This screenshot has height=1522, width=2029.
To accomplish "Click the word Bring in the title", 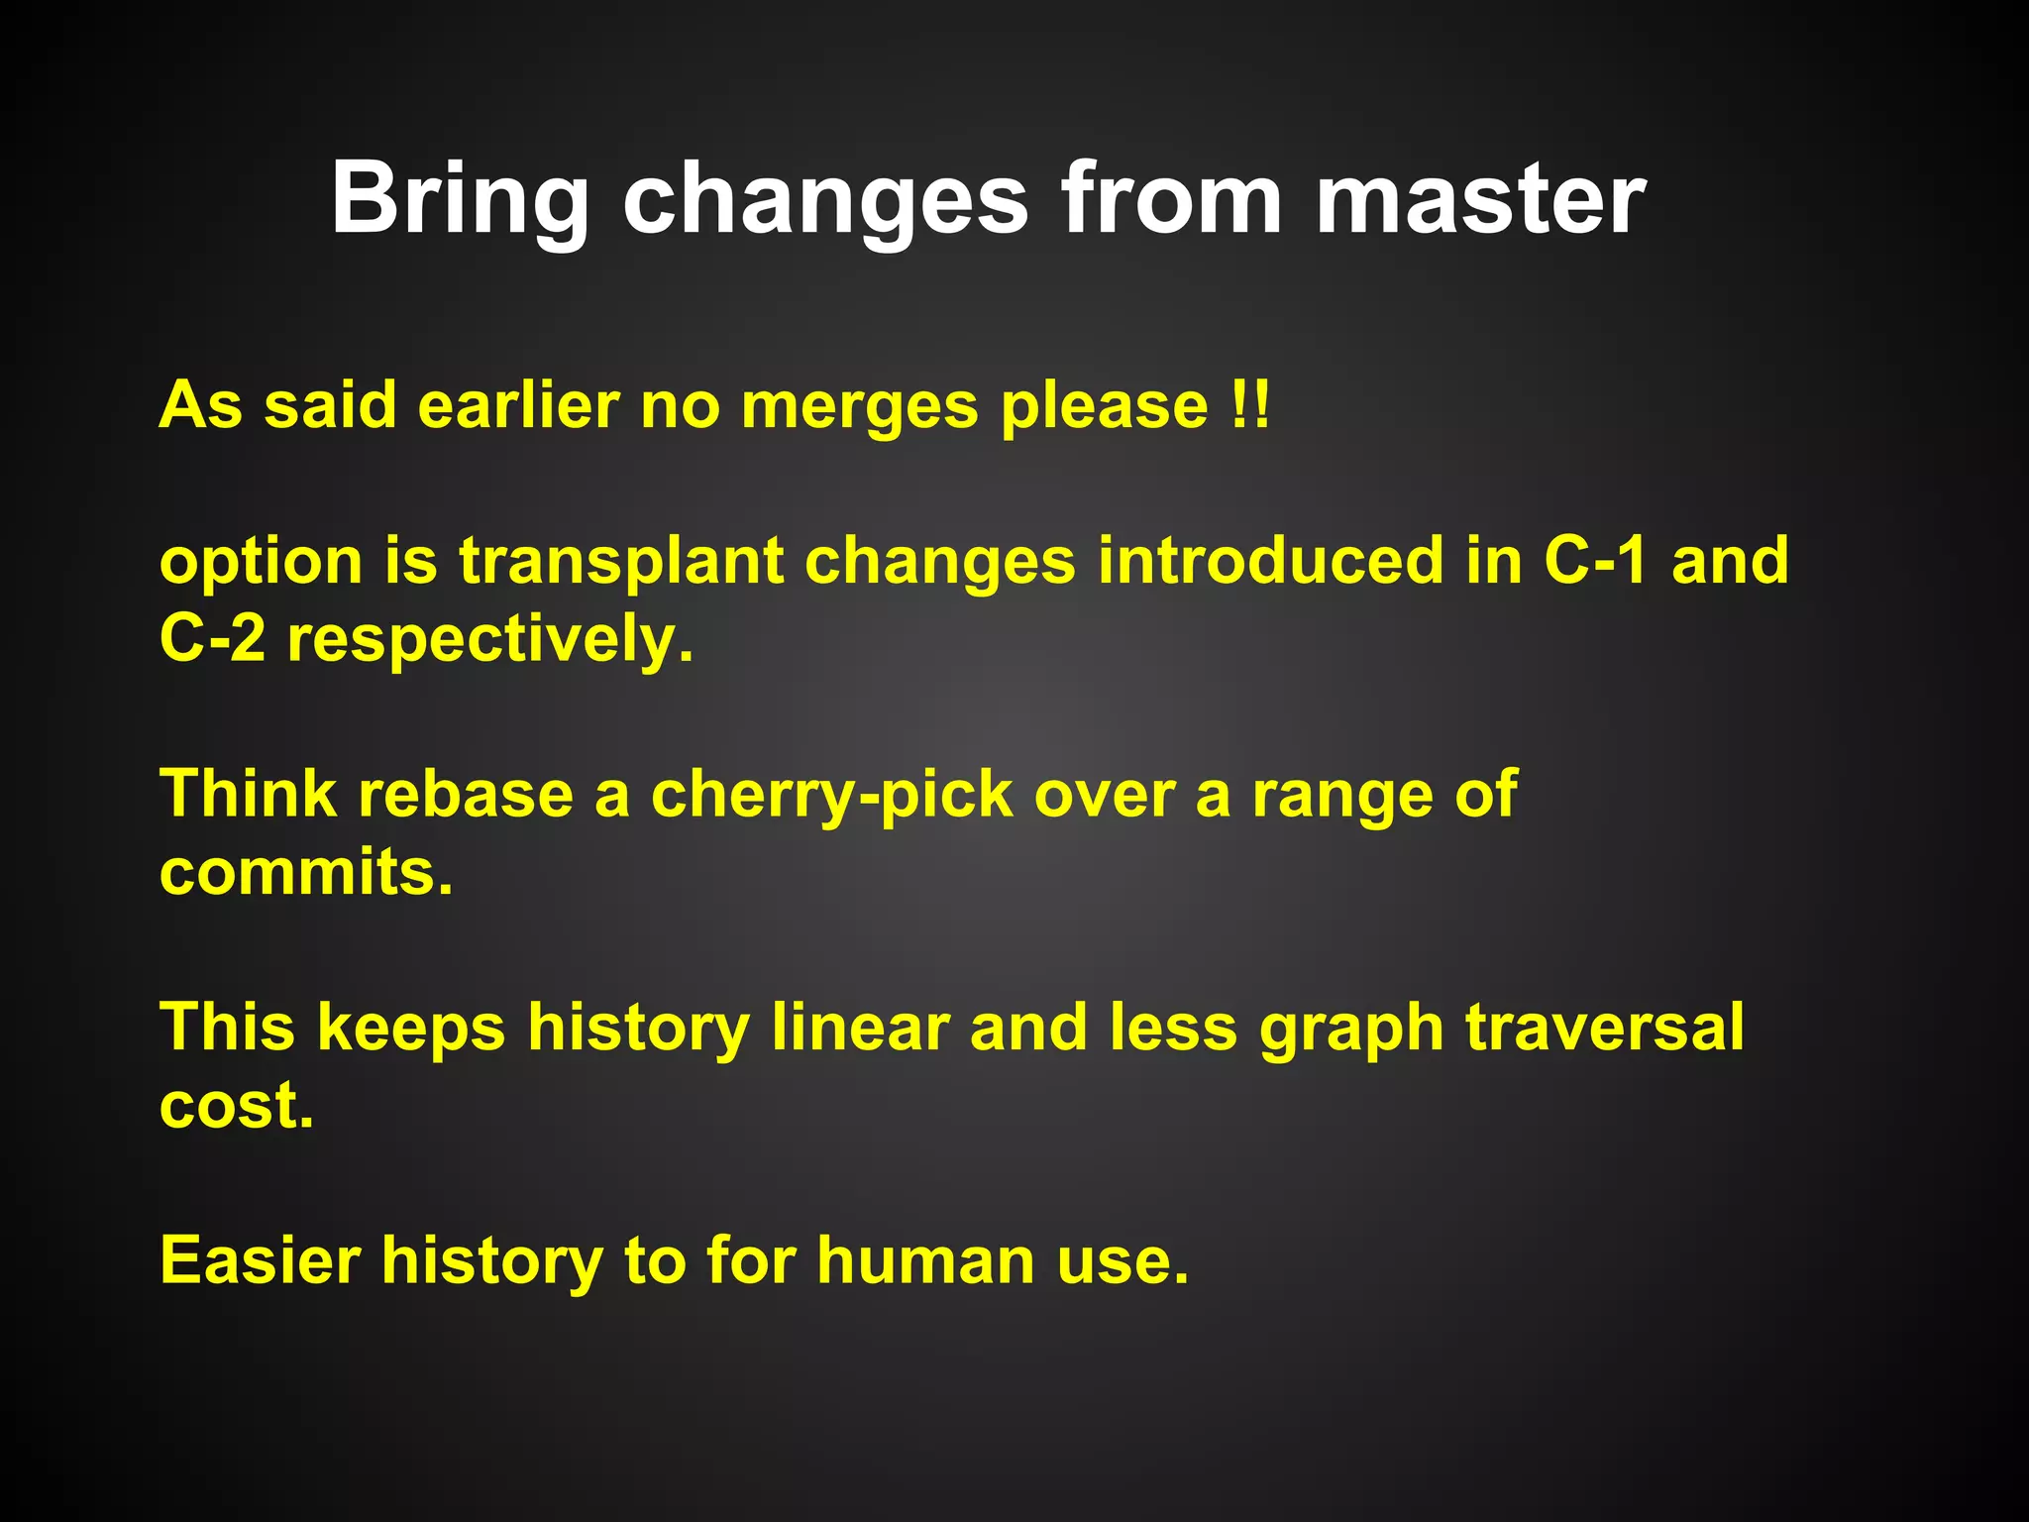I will pos(460,201).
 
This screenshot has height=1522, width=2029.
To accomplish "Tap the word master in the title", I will pos(1480,201).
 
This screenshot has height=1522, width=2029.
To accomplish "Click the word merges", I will pos(859,407).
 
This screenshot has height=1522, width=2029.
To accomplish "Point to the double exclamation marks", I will pos(1248,405).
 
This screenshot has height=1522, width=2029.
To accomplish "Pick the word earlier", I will pos(518,405).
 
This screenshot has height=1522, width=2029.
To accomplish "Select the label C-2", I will pos(212,639).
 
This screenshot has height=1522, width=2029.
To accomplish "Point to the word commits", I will pos(305,873).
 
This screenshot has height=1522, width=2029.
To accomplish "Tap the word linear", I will pos(860,1028).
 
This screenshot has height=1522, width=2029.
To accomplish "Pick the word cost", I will pos(236,1106).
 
